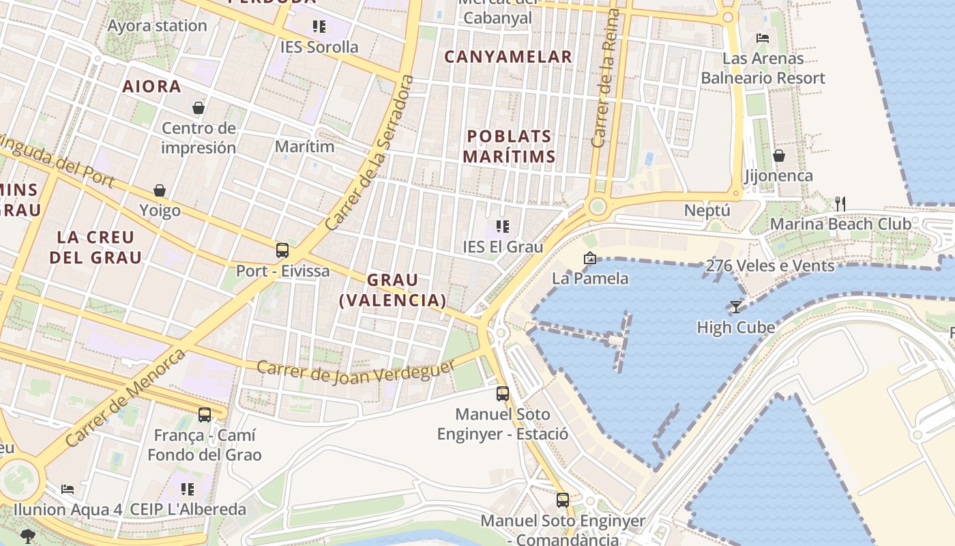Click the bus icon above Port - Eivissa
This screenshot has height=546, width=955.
(282, 250)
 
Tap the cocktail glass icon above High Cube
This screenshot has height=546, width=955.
(735, 307)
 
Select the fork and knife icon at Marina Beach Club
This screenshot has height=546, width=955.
(840, 203)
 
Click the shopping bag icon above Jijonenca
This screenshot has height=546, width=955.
(779, 156)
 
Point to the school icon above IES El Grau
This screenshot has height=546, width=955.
(503, 227)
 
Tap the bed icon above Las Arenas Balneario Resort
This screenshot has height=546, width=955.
(763, 38)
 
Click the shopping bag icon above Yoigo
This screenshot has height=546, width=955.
(160, 190)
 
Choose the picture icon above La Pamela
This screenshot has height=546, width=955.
(590, 258)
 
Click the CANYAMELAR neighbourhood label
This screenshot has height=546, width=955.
(508, 57)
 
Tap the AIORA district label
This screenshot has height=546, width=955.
(151, 87)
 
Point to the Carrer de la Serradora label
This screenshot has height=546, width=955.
(370, 153)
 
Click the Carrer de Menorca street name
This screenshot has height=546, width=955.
(126, 398)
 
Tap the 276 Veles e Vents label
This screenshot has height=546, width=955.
(770, 265)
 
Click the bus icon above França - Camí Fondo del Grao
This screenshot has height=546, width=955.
(204, 414)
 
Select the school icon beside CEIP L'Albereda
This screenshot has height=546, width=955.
(188, 489)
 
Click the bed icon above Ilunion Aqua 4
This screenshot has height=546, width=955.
(68, 489)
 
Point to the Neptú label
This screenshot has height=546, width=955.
(707, 211)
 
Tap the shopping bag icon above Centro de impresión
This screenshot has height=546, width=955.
(199, 108)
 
